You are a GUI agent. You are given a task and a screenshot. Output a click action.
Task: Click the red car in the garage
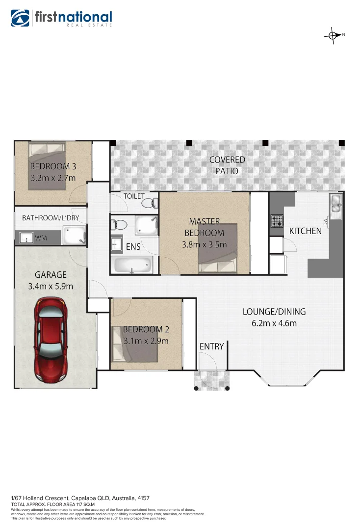point(51,343)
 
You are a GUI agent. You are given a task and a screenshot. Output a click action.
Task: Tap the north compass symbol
point(333,35)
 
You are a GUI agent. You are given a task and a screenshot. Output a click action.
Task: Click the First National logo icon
point(21,18)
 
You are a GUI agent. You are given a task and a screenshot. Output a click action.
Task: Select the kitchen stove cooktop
point(277,221)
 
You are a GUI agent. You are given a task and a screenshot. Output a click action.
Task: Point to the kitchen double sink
point(336,206)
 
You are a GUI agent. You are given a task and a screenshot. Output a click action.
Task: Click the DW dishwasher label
point(325,223)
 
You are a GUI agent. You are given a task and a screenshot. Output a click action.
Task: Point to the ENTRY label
point(212,346)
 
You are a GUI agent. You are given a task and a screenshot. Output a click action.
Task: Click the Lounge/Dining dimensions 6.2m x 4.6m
point(274,323)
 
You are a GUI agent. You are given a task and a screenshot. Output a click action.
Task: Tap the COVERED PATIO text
point(227,165)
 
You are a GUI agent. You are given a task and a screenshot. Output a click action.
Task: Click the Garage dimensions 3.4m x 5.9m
point(51,286)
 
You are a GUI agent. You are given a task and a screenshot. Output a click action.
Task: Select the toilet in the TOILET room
point(154,202)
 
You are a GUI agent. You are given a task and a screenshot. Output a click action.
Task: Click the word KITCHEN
point(305,231)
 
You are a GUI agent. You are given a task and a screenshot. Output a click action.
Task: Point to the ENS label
point(133,247)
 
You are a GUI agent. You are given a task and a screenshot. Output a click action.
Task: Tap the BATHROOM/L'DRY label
point(51,218)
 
